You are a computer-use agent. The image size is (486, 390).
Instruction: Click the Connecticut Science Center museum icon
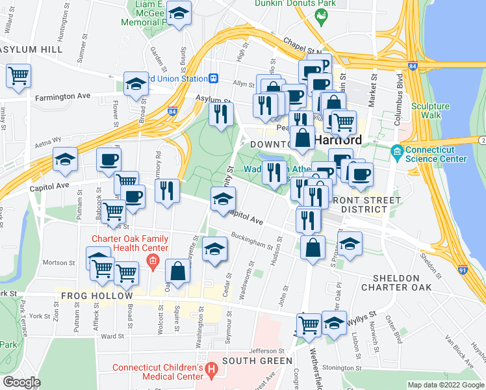397,153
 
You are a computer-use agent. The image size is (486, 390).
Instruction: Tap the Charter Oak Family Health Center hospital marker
152,263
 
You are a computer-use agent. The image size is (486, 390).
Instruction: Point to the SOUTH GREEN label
257,361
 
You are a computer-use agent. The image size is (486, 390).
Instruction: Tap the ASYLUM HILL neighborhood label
31,49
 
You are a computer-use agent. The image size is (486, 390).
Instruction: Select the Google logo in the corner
21,382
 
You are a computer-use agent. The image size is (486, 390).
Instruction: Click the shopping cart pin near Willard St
18,75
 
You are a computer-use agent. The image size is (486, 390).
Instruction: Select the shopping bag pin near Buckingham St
313,247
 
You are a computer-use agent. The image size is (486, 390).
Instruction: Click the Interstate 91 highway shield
462,268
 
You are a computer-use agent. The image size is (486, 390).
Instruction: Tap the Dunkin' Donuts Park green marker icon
320,15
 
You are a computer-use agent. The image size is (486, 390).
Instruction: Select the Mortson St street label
60,263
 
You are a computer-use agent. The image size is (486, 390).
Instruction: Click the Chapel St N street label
305,50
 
